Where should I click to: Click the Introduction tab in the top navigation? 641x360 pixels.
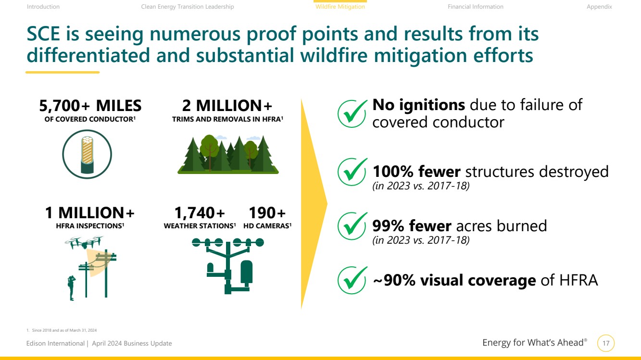click(x=43, y=7)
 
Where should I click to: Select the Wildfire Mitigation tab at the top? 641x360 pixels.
click(x=340, y=7)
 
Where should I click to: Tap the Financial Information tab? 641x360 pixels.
click(x=475, y=7)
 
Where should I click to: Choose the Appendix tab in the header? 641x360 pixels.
click(x=599, y=7)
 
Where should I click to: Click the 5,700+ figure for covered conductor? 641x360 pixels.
click(x=64, y=106)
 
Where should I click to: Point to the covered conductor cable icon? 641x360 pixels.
click(x=87, y=154)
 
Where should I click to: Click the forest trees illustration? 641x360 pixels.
click(x=228, y=154)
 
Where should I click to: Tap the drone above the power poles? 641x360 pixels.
click(x=84, y=242)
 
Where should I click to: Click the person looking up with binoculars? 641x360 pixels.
click(x=72, y=288)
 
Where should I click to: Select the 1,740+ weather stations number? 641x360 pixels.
click(x=200, y=213)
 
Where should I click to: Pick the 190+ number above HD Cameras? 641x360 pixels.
click(x=267, y=213)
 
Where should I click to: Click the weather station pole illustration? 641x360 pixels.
click(x=228, y=266)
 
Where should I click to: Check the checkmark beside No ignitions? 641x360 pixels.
click(x=352, y=113)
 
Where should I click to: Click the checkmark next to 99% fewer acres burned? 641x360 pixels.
click(x=352, y=226)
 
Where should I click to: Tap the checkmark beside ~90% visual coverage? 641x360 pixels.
click(x=352, y=280)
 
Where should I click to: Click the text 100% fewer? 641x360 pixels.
click(x=416, y=172)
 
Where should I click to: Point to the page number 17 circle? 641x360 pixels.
click(x=606, y=343)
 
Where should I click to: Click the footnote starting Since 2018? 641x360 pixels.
click(x=62, y=330)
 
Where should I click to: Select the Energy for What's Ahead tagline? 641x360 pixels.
click(x=535, y=343)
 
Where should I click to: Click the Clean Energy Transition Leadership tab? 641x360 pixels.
click(x=188, y=7)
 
